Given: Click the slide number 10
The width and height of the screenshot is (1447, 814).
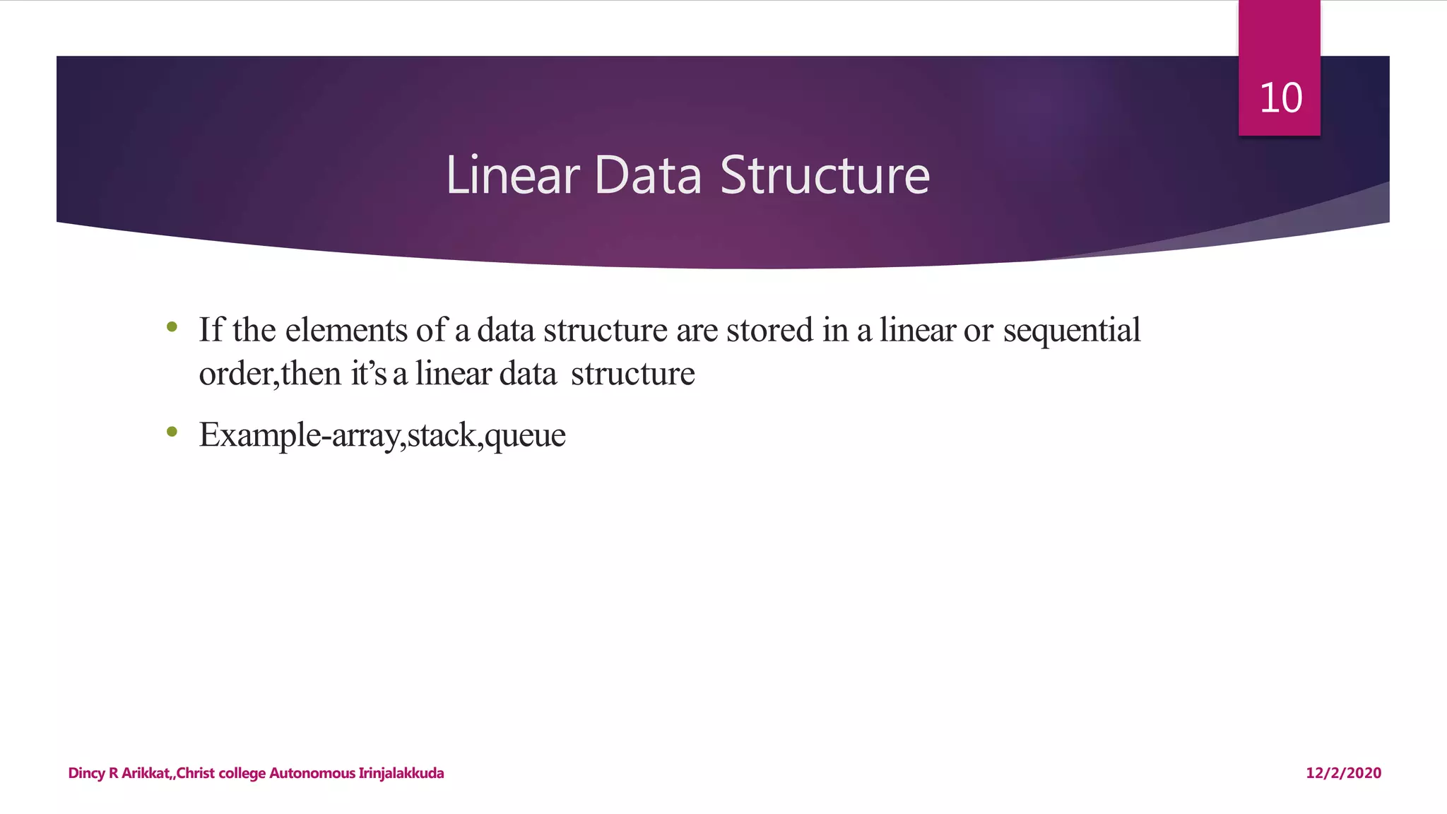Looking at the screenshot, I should (1280, 98).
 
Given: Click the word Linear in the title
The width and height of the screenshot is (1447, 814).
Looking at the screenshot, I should (512, 175).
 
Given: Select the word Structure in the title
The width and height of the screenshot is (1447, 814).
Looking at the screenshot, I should (825, 175).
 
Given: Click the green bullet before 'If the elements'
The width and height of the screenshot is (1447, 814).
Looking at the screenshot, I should (172, 327).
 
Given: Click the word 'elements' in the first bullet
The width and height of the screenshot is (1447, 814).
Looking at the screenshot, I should (346, 330).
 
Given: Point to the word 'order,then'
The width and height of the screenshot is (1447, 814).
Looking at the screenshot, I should (270, 374).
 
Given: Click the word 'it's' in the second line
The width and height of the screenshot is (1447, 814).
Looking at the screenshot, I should (369, 374).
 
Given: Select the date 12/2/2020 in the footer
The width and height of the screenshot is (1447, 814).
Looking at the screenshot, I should (1343, 773).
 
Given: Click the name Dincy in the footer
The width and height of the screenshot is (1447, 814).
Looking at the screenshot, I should (86, 773).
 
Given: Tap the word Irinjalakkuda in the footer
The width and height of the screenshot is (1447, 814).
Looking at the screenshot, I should (401, 773).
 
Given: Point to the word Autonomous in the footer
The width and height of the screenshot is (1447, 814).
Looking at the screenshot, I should (312, 773).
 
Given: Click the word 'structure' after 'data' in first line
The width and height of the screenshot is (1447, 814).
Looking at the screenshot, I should (606, 330).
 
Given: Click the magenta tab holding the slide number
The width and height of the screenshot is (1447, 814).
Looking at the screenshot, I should (1279, 42).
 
